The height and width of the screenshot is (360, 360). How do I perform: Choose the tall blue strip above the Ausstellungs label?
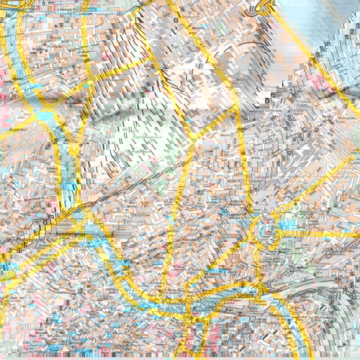pos(69,173)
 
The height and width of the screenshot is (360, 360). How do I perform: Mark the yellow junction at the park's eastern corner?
pos(191,140)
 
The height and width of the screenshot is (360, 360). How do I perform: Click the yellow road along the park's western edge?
pos(81,144)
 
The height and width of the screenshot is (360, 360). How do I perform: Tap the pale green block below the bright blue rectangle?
pos(288,248)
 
